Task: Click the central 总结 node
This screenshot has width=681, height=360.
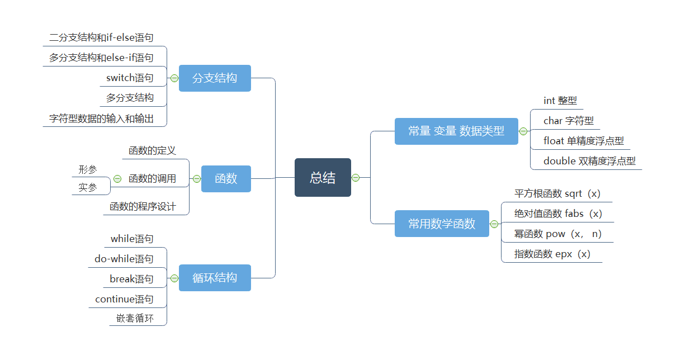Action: click(323, 178)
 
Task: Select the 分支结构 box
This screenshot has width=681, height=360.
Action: click(215, 78)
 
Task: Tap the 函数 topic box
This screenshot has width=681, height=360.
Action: click(226, 178)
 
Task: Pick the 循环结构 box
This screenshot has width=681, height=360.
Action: click(215, 278)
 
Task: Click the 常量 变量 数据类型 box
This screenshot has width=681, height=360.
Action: click(456, 131)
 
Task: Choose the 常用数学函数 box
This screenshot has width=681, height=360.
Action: click(442, 224)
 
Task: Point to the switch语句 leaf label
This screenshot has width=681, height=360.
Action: click(130, 78)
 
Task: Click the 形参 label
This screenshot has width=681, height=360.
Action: click(88, 169)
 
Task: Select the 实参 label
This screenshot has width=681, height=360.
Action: click(88, 187)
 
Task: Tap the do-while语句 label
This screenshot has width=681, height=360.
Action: click(124, 259)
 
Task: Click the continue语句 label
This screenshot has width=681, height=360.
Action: click(124, 299)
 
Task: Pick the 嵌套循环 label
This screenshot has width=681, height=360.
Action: click(135, 319)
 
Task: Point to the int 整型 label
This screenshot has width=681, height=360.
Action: click(560, 101)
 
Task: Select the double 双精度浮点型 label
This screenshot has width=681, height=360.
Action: click(589, 161)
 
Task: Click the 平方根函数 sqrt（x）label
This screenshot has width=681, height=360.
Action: click(557, 193)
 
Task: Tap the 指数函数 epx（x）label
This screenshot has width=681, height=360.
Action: click(552, 254)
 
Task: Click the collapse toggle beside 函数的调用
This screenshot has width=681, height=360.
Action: click(117, 179)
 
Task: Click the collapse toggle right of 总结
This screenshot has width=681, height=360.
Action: click(356, 178)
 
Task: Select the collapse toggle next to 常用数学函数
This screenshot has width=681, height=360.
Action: click(494, 224)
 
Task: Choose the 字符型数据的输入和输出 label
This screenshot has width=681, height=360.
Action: click(101, 118)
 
